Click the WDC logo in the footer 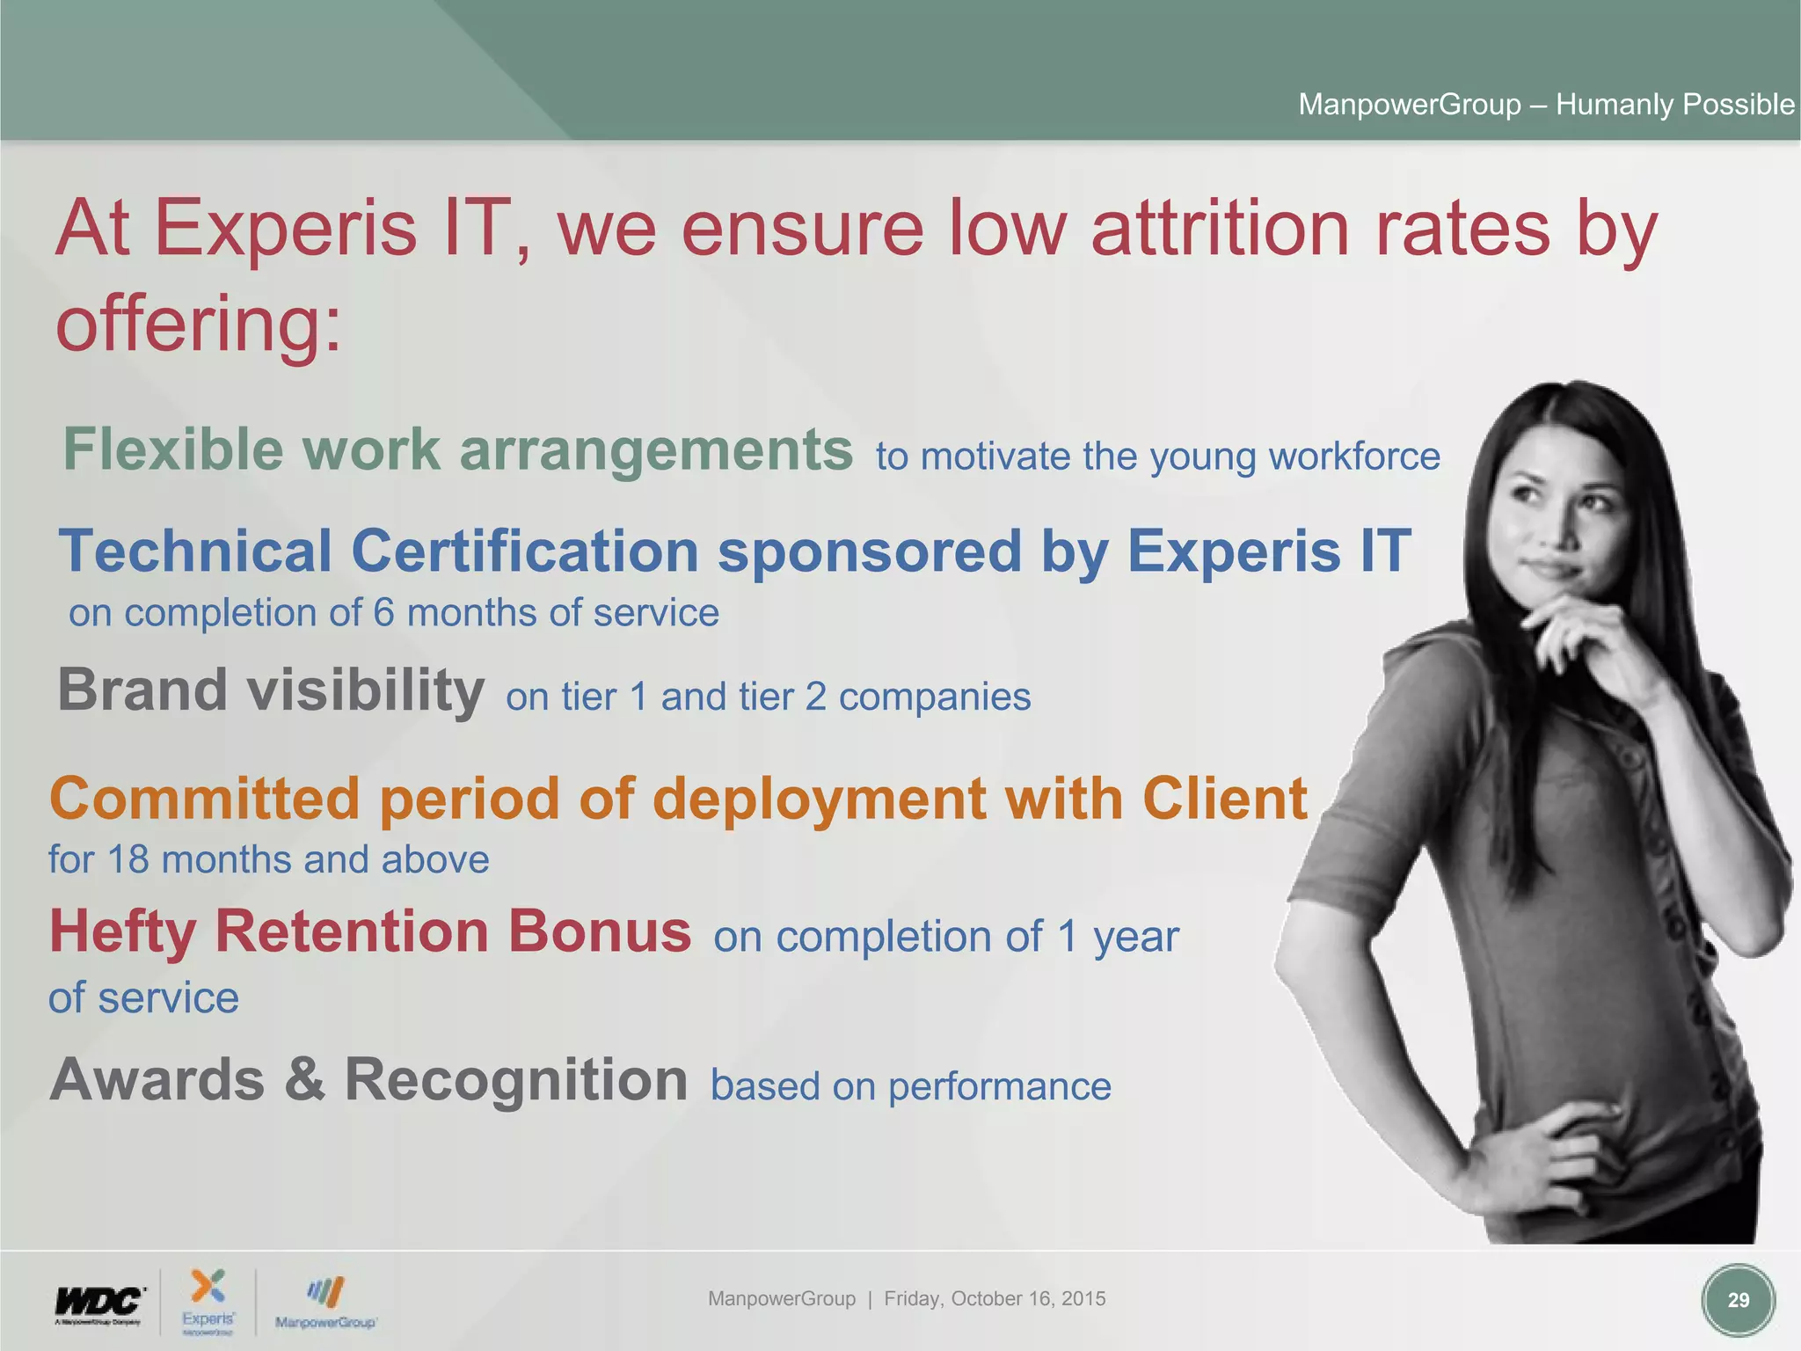click(x=98, y=1303)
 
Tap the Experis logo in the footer click(x=208, y=1300)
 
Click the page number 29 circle click(x=1738, y=1300)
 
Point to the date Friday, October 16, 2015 click(x=995, y=1298)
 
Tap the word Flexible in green click(x=172, y=449)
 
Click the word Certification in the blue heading click(x=525, y=551)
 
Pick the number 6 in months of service click(x=383, y=613)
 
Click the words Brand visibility click(x=271, y=690)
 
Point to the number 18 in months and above click(x=128, y=860)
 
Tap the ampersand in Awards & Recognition click(x=304, y=1079)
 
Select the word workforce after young click(x=1353, y=456)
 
